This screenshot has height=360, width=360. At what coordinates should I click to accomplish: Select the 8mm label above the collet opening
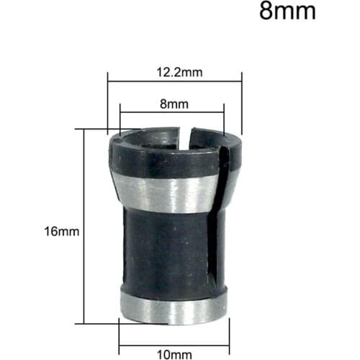pyautogui.click(x=173, y=104)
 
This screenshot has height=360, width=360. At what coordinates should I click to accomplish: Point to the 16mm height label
pyautogui.click(x=60, y=232)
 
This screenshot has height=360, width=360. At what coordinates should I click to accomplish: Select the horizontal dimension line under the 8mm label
pyautogui.click(x=173, y=112)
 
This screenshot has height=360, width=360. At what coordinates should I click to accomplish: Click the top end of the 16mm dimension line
pyautogui.click(x=85, y=130)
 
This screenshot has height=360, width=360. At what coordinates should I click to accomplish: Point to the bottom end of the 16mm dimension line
pyautogui.click(x=85, y=325)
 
